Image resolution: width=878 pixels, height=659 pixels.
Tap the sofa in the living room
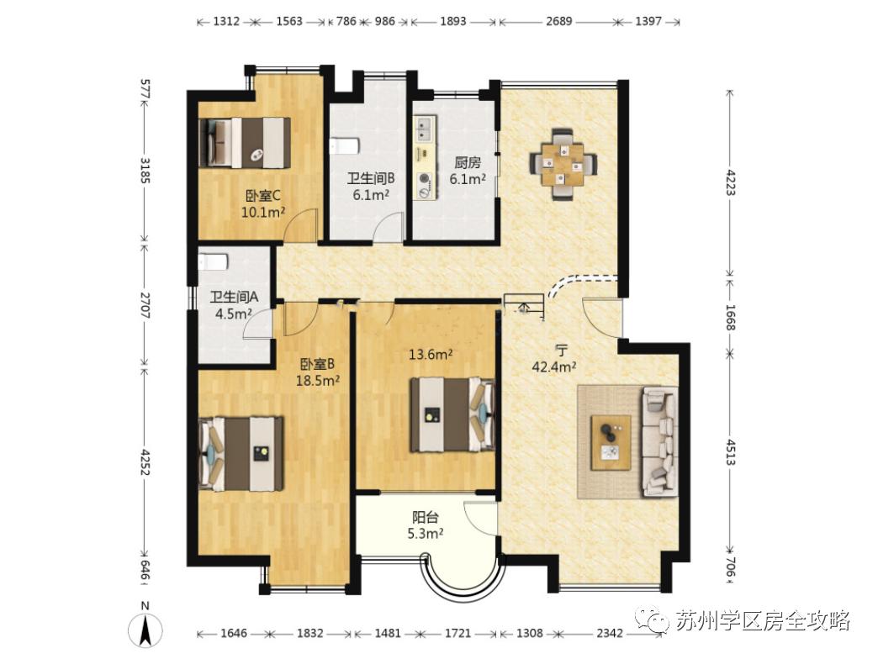point(660,442)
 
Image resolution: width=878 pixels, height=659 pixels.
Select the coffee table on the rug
point(611,443)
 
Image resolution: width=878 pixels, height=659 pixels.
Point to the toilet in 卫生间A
point(213,261)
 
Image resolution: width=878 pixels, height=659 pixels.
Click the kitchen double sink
point(424,129)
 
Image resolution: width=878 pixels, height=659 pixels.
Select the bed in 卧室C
point(245,142)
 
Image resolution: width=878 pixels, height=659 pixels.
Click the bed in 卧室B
point(241,453)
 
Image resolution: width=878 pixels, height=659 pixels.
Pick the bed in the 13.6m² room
point(452,414)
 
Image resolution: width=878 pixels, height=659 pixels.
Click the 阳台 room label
point(426,518)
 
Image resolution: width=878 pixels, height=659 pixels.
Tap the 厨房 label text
point(468,163)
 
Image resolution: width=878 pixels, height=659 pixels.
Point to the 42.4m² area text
point(554,367)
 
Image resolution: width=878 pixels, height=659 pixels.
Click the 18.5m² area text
point(318,381)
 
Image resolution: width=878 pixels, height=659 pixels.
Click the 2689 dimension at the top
point(558,21)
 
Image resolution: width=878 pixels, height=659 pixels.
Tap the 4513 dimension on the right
point(730,452)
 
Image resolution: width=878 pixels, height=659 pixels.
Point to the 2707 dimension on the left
point(145,305)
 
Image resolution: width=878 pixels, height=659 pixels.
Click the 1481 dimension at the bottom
point(388,633)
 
